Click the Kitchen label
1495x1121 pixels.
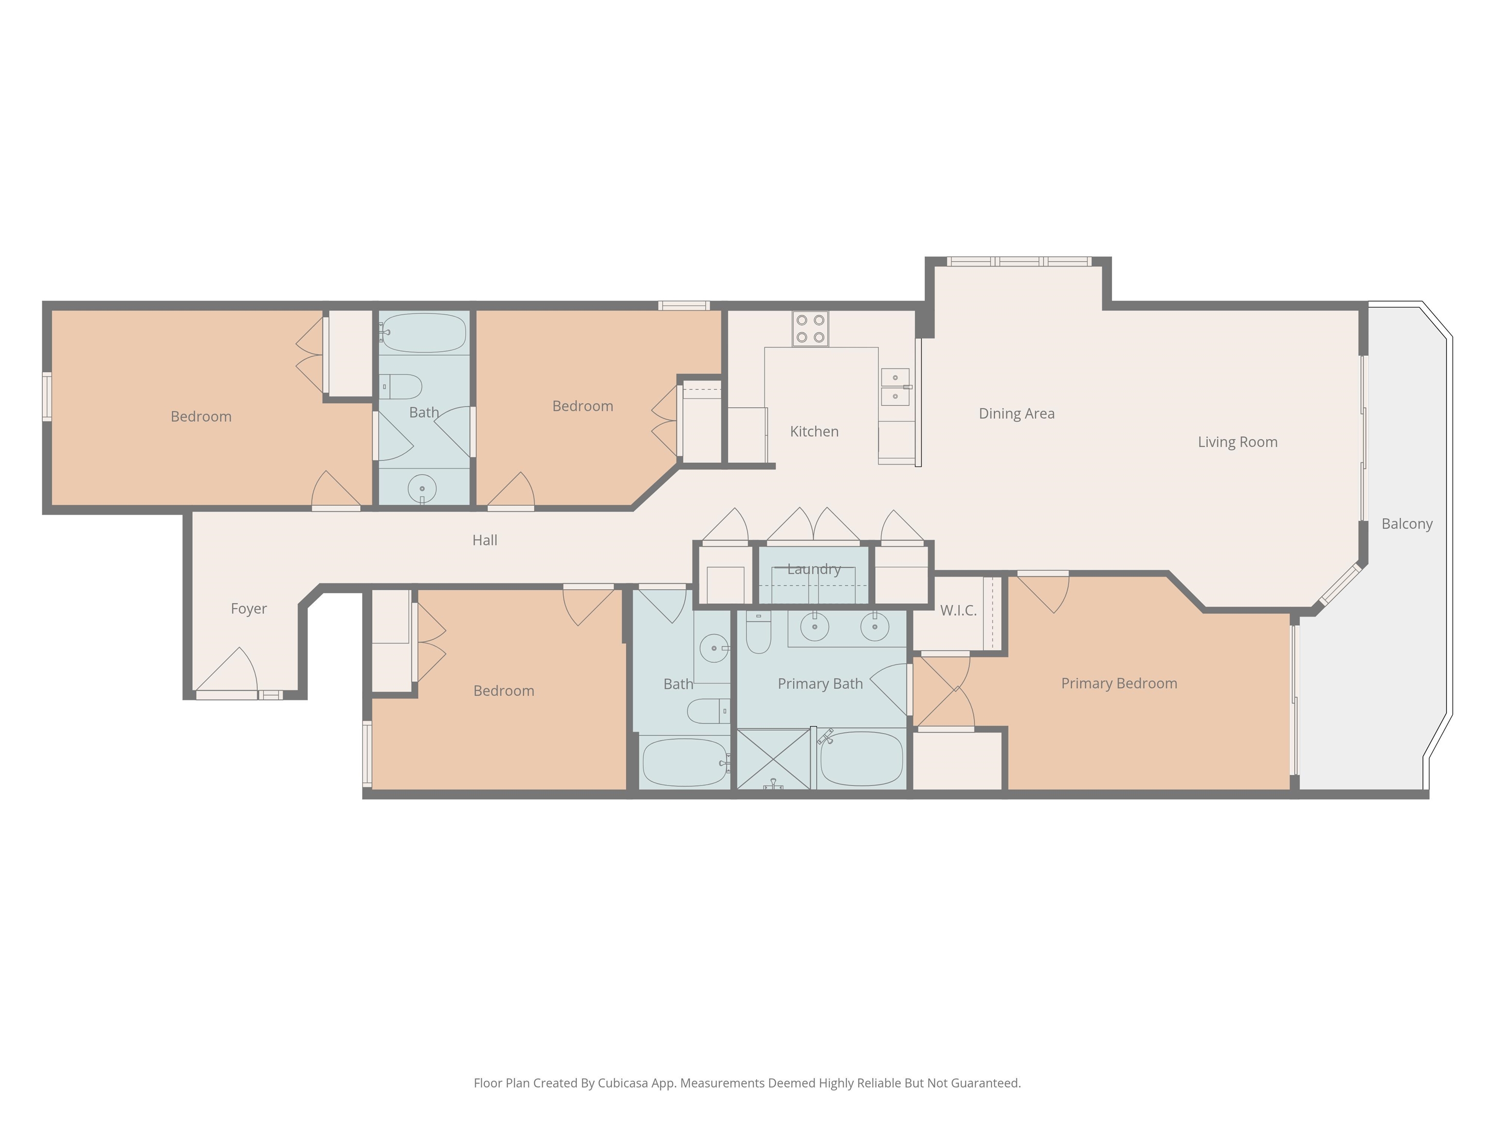(814, 431)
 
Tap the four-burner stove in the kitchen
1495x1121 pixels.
(810, 328)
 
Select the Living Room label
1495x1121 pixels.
(1238, 442)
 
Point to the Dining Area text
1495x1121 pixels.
(1017, 414)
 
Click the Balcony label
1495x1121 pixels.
(1406, 524)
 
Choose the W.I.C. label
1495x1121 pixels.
(958, 611)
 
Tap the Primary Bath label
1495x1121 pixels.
(820, 684)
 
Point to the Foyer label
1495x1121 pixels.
(249, 609)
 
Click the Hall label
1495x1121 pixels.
(485, 540)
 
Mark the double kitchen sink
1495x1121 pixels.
(895, 386)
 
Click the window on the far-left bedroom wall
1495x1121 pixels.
(47, 397)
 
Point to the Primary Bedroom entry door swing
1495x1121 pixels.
(1042, 593)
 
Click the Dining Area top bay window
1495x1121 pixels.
(1019, 261)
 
